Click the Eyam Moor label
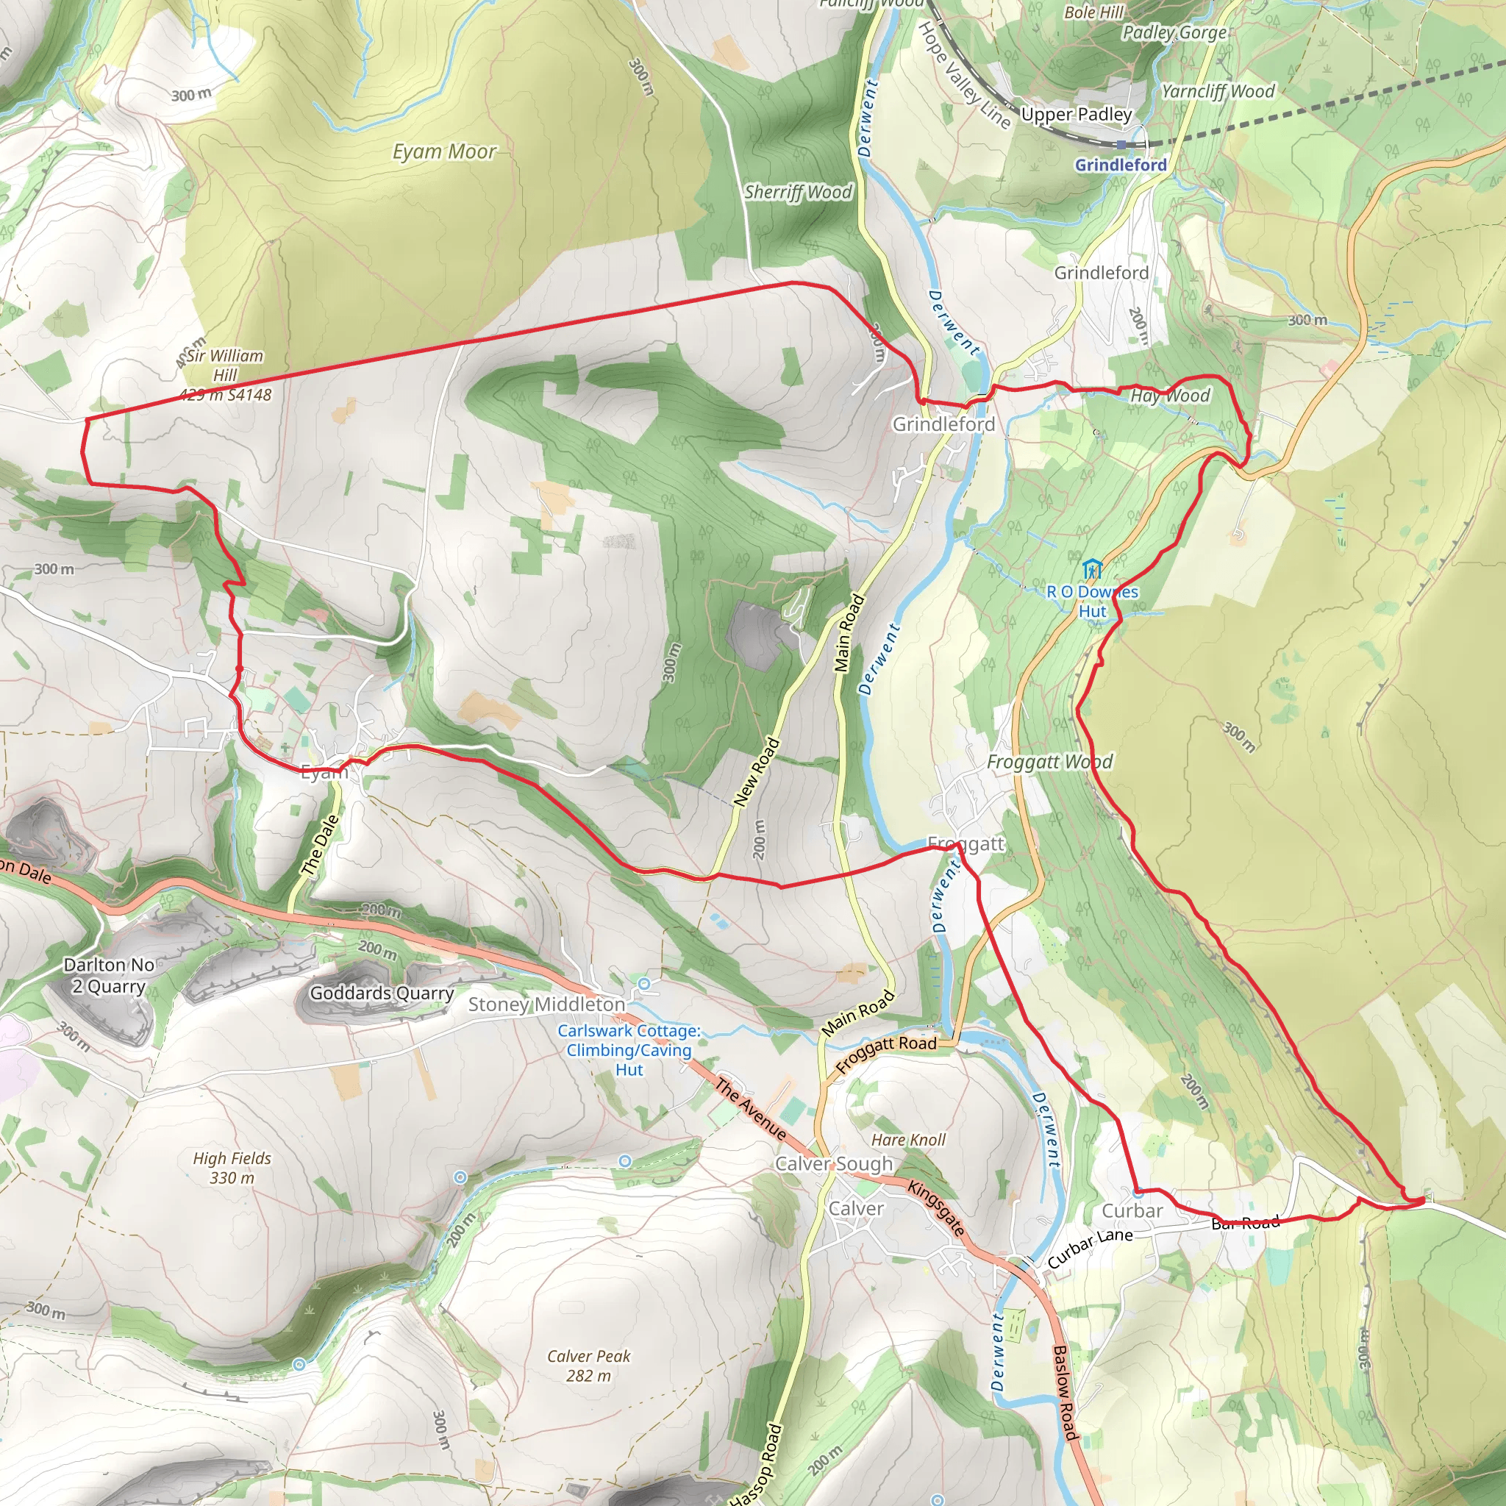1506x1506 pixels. [x=443, y=151]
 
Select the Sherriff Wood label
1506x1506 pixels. [x=798, y=192]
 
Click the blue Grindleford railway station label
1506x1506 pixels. [x=1120, y=165]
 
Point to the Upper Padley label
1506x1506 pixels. [x=1076, y=115]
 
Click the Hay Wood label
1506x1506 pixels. [x=1169, y=396]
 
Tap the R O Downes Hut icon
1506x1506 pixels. [x=1092, y=568]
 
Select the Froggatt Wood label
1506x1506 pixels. [x=1049, y=762]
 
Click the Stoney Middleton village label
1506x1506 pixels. [x=546, y=1004]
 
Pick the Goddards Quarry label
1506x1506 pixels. [x=381, y=993]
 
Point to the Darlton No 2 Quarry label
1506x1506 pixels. [x=109, y=975]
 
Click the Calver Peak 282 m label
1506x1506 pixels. [x=588, y=1366]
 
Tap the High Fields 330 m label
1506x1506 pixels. [x=232, y=1168]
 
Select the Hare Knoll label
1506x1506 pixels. [x=908, y=1140]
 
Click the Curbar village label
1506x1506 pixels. [x=1131, y=1210]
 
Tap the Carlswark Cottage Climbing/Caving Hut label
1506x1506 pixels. [x=628, y=1050]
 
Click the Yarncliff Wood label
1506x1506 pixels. [x=1218, y=91]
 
